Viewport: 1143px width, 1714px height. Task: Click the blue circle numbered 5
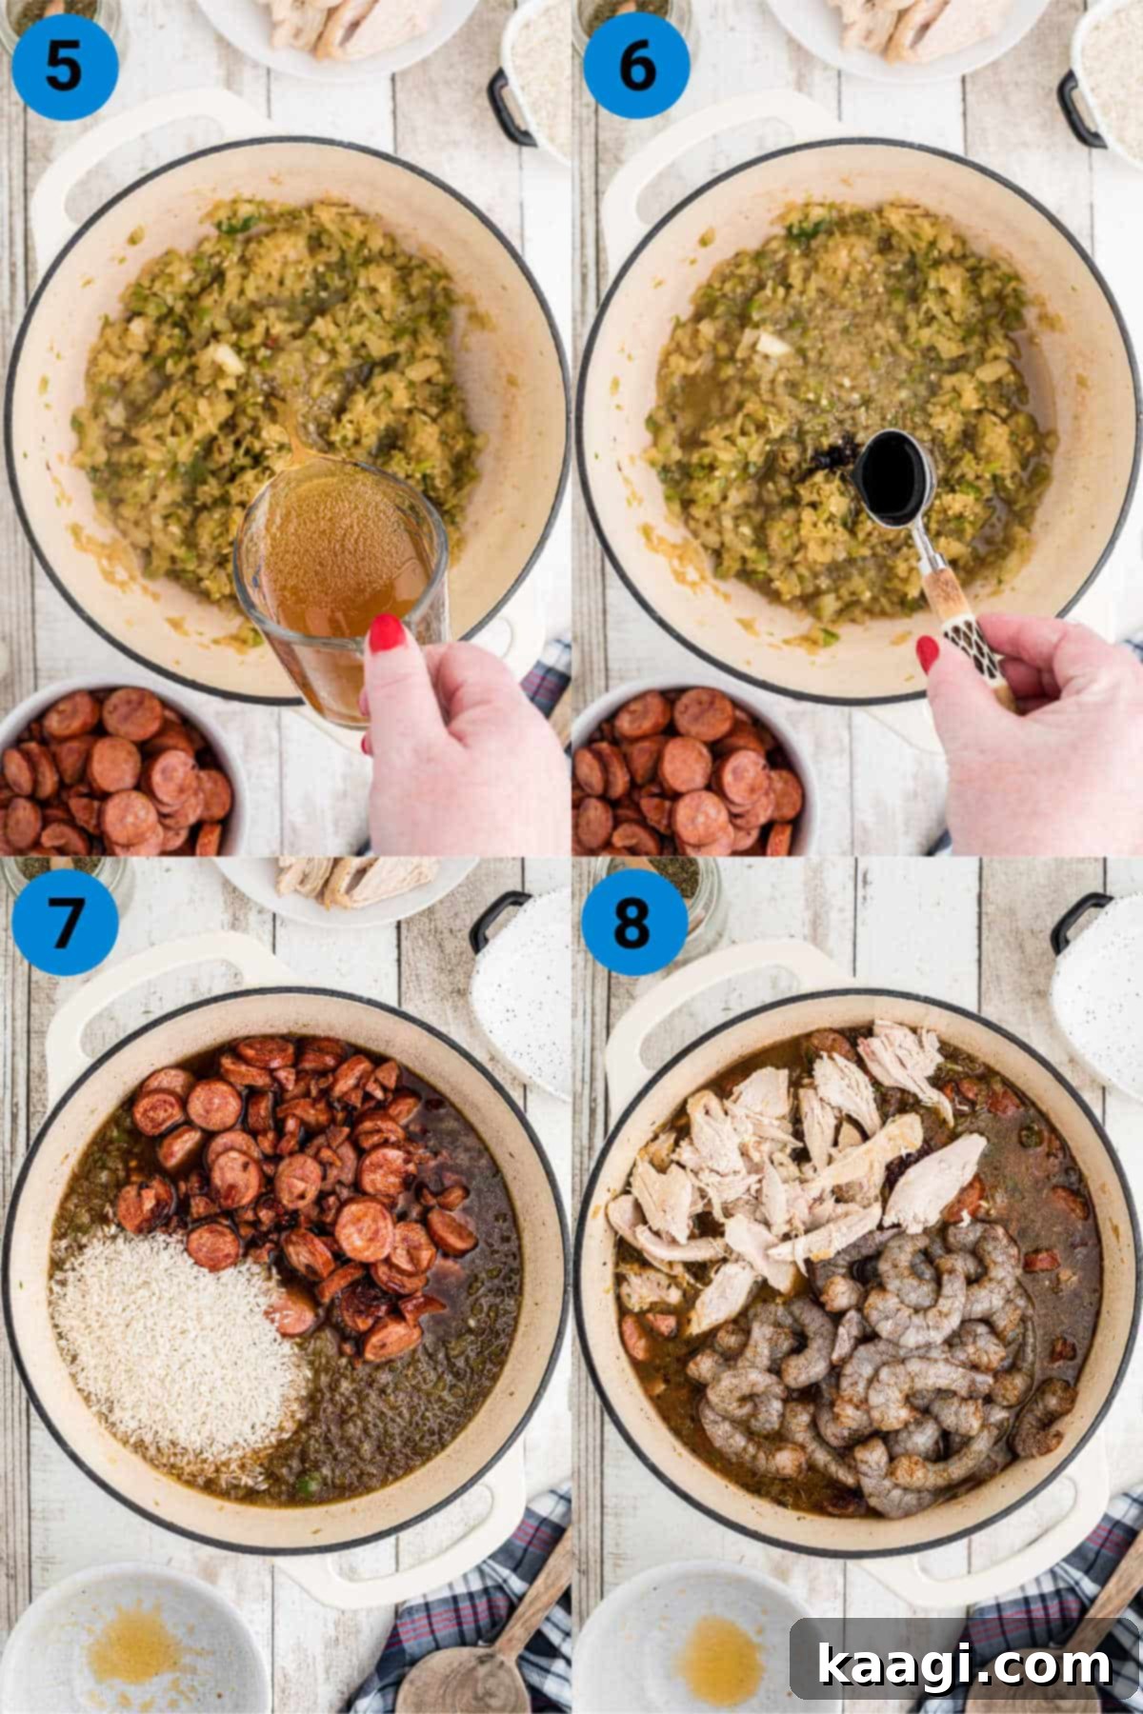click(x=64, y=67)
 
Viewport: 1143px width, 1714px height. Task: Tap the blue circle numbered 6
click(x=635, y=67)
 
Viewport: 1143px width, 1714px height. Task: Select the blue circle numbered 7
click(x=64, y=921)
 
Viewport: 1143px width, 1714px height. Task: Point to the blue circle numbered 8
click(x=633, y=921)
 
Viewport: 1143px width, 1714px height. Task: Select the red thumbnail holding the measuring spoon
click(x=927, y=654)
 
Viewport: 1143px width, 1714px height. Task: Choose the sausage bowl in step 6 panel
click(x=686, y=771)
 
